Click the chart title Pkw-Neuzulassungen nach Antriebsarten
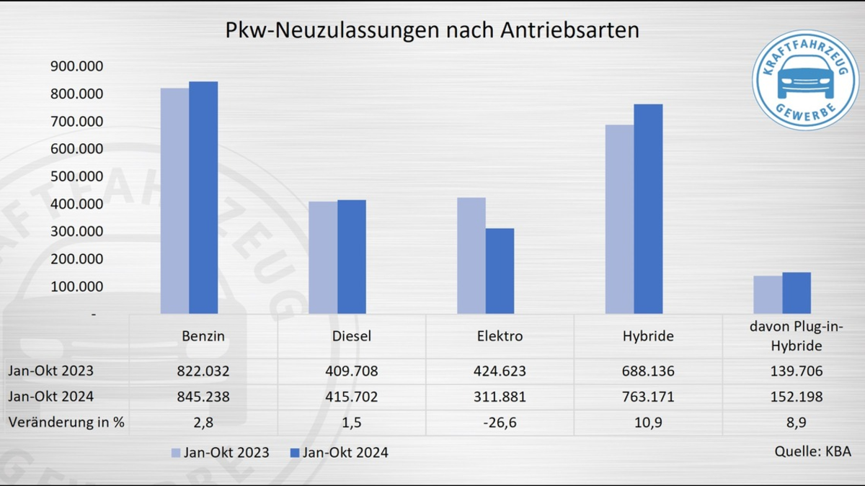pyautogui.click(x=432, y=31)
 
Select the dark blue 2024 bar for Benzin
pyautogui.click(x=203, y=198)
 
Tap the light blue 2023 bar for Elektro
pyautogui.click(x=471, y=256)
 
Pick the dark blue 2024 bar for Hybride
pyautogui.click(x=648, y=209)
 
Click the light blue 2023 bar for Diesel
pyautogui.click(x=323, y=257)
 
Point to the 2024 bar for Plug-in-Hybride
pyautogui.click(x=797, y=293)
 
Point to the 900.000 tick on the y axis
pyautogui.click(x=77, y=66)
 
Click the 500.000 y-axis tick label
pyautogui.click(x=77, y=176)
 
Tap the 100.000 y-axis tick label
pyautogui.click(x=77, y=287)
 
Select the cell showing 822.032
pyautogui.click(x=203, y=372)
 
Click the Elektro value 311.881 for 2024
pyautogui.click(x=500, y=397)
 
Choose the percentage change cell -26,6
pyautogui.click(x=500, y=422)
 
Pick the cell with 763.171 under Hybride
pyautogui.click(x=648, y=397)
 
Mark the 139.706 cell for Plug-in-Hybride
pyautogui.click(x=797, y=372)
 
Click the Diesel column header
pyautogui.click(x=352, y=336)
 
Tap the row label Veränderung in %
pyautogui.click(x=66, y=422)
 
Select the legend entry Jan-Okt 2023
pyautogui.click(x=220, y=453)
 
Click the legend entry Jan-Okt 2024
pyautogui.click(x=338, y=453)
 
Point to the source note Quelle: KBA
pyautogui.click(x=812, y=451)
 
